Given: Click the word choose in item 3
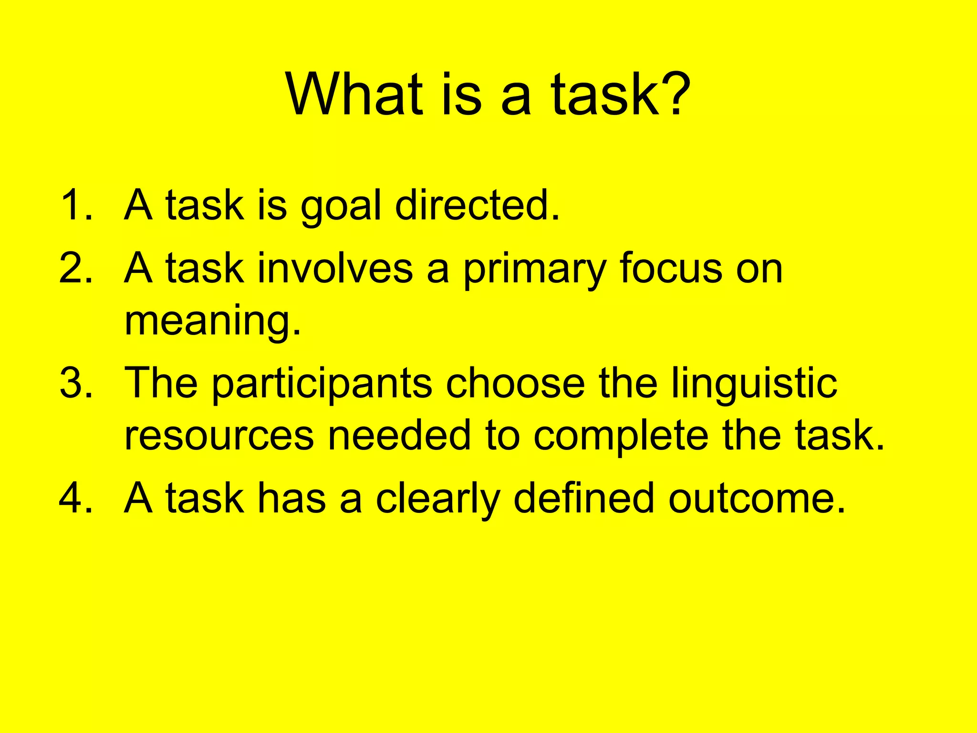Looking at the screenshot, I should pyautogui.click(x=515, y=383).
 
